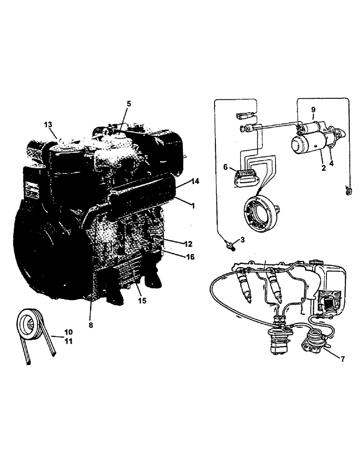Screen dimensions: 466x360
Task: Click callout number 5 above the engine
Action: [129, 103]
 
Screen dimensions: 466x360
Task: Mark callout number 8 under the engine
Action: [90, 325]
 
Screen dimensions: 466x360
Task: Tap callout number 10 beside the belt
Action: [69, 332]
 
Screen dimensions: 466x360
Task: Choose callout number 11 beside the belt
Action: [69, 341]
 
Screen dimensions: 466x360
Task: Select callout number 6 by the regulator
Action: [225, 166]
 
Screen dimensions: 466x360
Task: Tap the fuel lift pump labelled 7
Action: [313, 340]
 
